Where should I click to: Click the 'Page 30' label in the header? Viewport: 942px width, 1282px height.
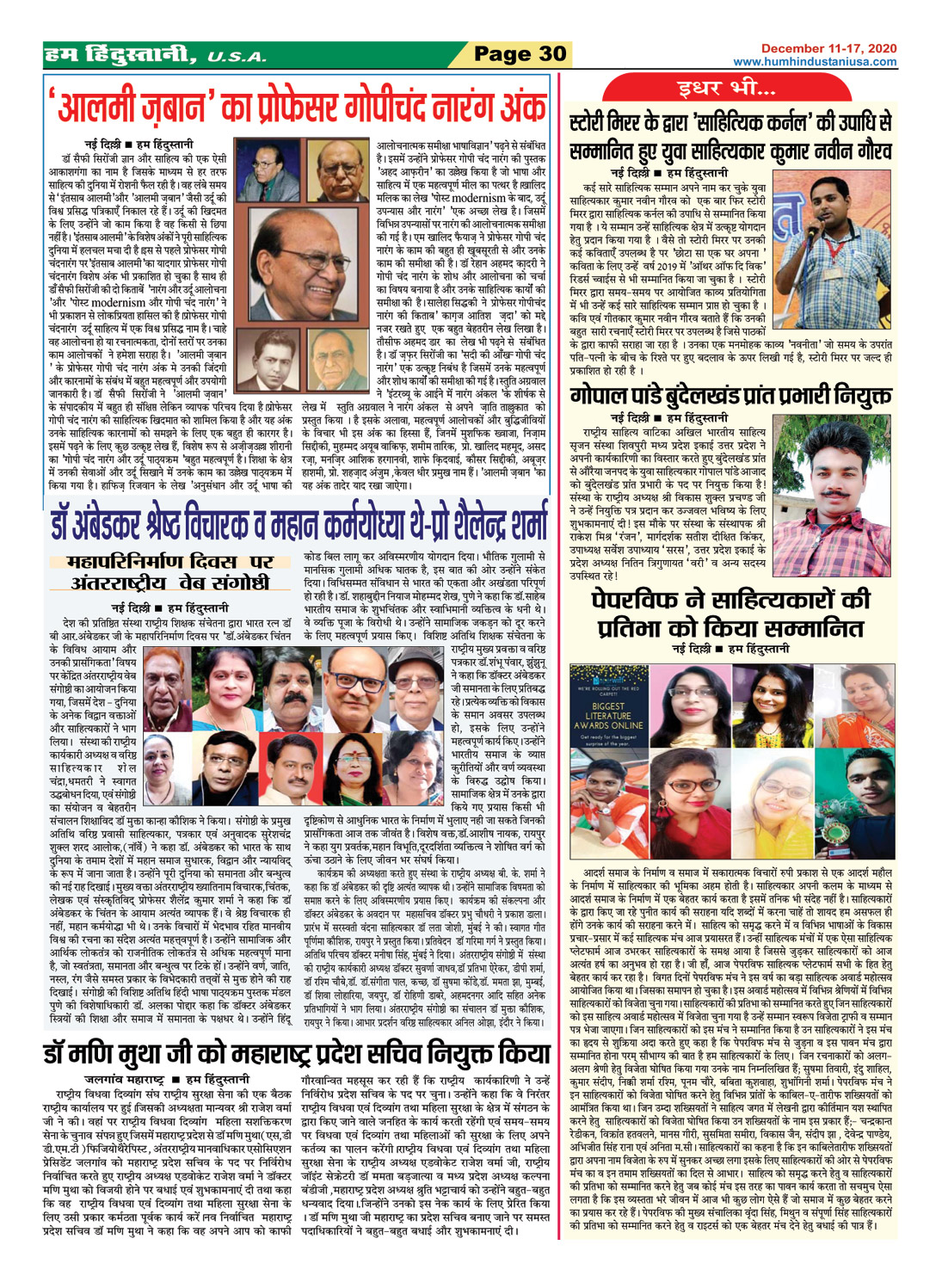click(x=520, y=54)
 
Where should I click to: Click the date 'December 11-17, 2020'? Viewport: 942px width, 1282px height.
click(x=828, y=48)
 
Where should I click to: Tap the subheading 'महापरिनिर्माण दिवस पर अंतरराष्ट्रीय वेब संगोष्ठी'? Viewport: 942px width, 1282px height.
click(x=171, y=572)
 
